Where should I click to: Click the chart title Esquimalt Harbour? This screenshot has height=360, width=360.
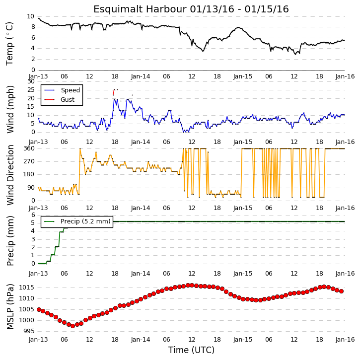pos(140,9)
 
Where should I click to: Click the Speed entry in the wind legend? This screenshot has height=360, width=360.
pos(70,90)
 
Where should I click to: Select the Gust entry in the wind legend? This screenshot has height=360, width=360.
pos(68,100)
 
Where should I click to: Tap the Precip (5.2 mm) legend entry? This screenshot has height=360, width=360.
pos(85,221)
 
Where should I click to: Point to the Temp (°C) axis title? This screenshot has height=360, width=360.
pos(9,44)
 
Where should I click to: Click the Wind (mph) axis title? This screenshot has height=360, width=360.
pos(10,109)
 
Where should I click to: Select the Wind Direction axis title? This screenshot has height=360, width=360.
pos(10,175)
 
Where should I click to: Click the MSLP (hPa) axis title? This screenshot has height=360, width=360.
pos(10,306)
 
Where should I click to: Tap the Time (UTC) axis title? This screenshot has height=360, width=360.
pos(192,350)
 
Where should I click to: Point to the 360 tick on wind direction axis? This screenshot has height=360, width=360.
pos(29,148)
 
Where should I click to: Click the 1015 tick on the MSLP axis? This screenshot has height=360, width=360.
pos(27,288)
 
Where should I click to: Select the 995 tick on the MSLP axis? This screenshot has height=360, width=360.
pos(28,331)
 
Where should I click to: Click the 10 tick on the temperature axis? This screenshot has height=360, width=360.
pos(30,16)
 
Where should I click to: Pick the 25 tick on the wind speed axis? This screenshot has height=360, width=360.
pos(31,90)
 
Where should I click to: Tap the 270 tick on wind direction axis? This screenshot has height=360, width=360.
pos(29,161)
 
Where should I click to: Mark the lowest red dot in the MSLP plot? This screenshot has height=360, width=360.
pos(73,326)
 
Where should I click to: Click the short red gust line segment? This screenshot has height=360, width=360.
pos(114,92)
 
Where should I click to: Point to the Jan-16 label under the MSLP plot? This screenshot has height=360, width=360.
pos(345,340)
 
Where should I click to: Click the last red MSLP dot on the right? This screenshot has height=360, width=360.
pos(342,291)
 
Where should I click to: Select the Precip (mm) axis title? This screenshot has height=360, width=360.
pos(10,241)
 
